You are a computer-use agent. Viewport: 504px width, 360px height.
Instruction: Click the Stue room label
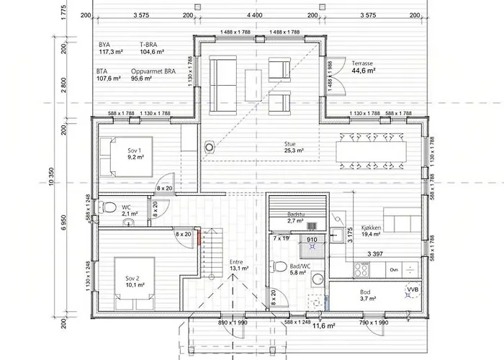tap(289, 144)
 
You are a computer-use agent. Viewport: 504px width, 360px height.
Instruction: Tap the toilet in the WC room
tap(107, 207)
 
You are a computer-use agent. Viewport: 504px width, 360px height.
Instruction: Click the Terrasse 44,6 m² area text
tap(364, 67)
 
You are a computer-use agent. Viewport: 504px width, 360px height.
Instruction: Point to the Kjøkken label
tap(372, 228)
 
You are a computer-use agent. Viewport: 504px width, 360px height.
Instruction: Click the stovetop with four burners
tap(361, 270)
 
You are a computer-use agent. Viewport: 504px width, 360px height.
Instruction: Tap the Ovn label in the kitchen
tap(394, 270)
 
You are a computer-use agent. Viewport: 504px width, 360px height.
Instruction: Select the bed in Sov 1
tap(126, 157)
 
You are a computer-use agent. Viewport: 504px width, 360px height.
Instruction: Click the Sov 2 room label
tap(132, 279)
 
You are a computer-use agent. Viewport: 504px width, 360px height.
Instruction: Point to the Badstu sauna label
tap(296, 215)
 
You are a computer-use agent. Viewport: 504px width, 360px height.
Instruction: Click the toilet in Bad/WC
tap(279, 266)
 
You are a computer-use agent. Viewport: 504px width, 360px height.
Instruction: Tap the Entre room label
tap(236, 262)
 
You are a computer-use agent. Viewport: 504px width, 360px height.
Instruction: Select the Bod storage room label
tap(365, 292)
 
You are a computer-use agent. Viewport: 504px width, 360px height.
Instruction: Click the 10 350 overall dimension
tap(51, 177)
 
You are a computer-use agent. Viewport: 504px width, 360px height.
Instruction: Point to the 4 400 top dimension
tap(255, 15)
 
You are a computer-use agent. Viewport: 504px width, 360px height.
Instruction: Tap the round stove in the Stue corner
tap(210, 147)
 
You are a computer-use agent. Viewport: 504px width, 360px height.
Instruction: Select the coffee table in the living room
tap(253, 85)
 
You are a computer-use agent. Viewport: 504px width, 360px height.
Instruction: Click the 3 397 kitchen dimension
tap(375, 254)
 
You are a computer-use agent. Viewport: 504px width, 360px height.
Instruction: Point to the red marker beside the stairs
tap(199, 238)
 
